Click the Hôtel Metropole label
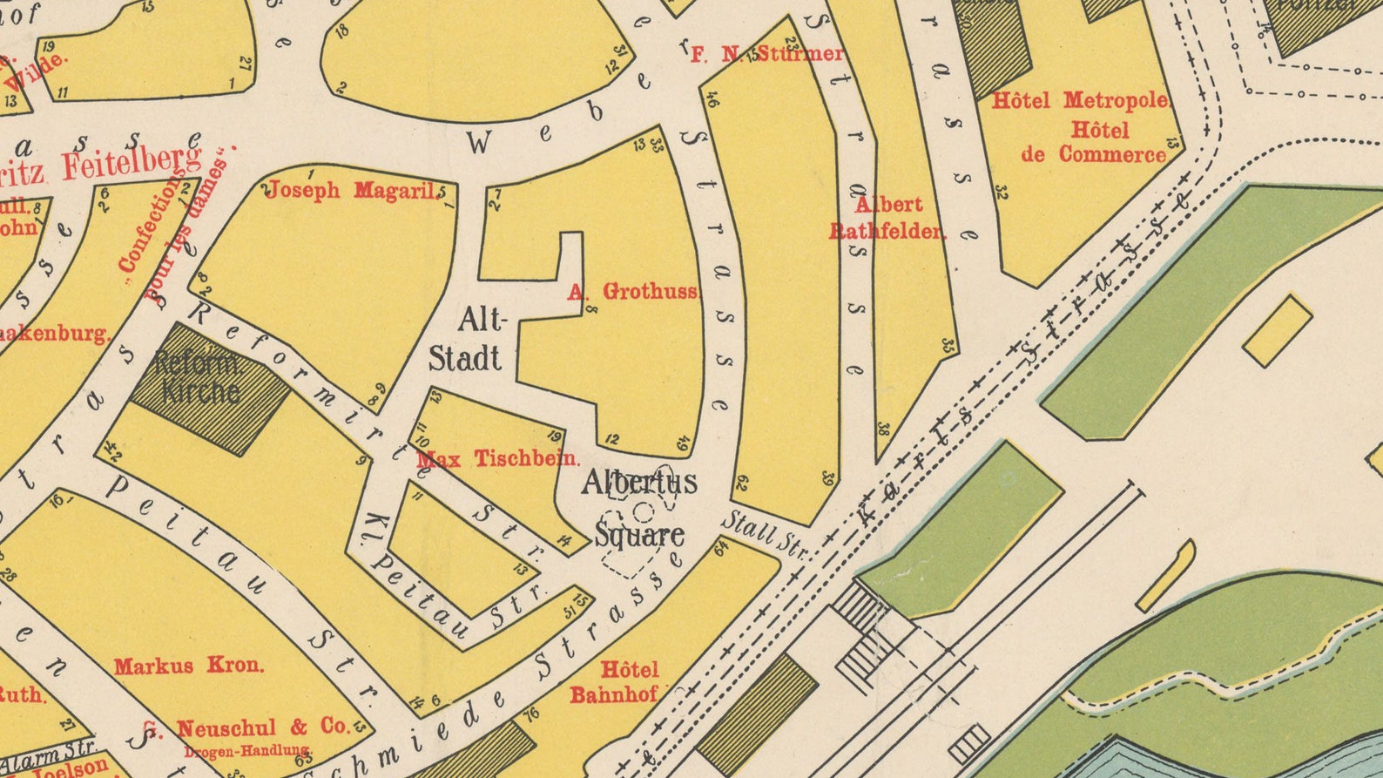coord(1080,101)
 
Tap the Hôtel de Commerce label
coord(1094,143)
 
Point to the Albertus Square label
coord(639,508)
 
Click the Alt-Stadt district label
coord(467,340)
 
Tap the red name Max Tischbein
coord(497,459)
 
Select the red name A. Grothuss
coord(633,292)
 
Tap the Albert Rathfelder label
coord(887,218)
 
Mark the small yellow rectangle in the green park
coord(1277,330)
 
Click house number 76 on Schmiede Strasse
coord(530,714)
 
